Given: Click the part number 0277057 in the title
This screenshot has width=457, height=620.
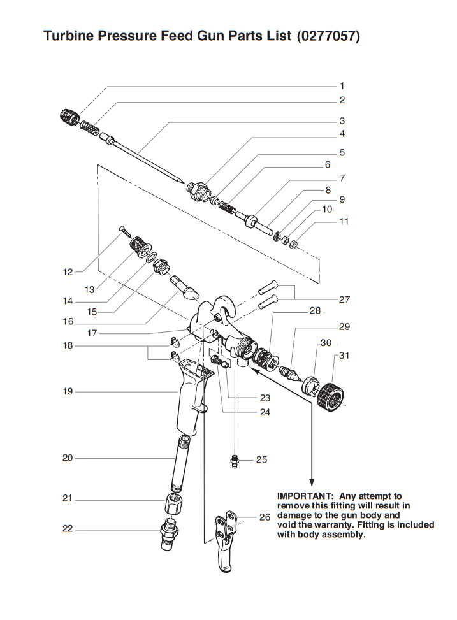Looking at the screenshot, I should coord(328,36).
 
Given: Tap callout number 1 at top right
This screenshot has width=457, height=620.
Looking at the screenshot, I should coord(342,85).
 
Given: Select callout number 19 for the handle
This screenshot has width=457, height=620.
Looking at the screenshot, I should coord(68,391).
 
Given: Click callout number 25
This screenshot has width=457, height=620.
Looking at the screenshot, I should coord(261,459).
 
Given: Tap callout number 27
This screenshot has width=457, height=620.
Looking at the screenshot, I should coord(344,299).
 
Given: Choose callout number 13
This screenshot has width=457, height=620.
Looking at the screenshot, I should coord(90,289).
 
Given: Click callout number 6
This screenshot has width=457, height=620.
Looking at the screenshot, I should coord(328,164).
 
